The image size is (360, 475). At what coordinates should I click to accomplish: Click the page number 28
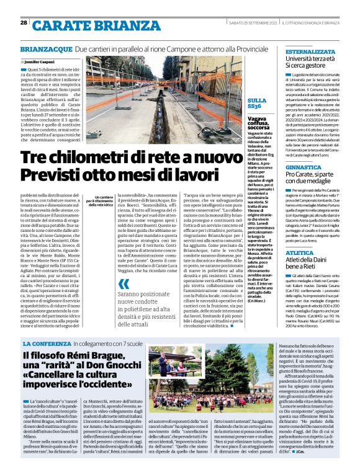point(24,23)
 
